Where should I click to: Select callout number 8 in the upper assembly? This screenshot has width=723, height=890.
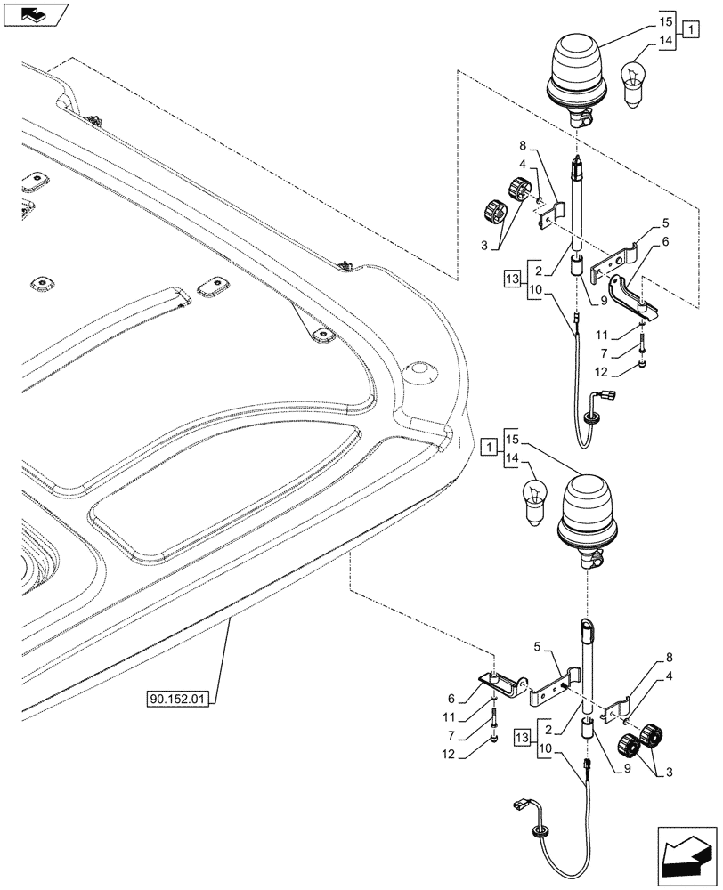(x=524, y=145)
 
